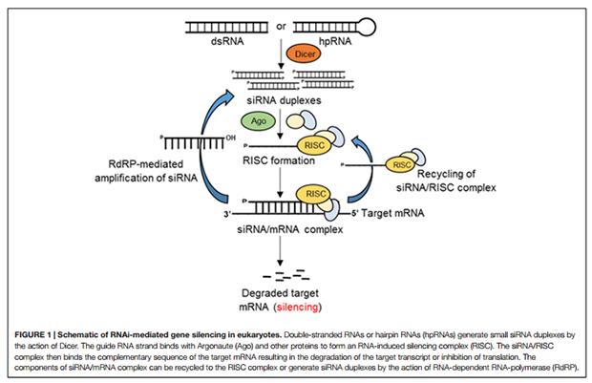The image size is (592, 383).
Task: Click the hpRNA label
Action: point(333,43)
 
